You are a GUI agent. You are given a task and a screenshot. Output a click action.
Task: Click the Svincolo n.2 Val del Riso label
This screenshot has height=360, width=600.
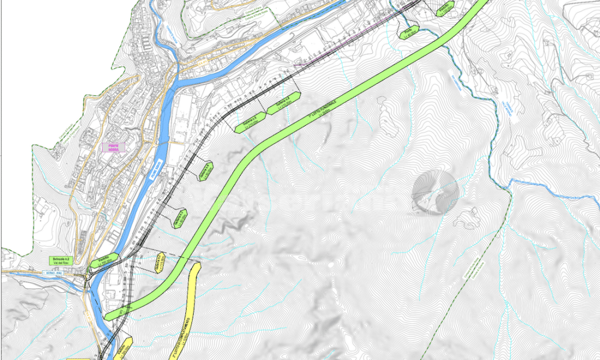(x=60, y=260)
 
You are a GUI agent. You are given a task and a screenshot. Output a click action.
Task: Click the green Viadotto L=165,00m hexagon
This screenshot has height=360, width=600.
(x=98, y=262)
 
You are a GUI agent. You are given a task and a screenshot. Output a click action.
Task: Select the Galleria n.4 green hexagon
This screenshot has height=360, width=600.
(x=205, y=170)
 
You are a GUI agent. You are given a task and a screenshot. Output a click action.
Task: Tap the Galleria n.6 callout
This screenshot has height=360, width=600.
(x=283, y=105)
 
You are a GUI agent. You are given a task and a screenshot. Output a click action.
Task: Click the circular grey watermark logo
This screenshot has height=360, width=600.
(x=436, y=193)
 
